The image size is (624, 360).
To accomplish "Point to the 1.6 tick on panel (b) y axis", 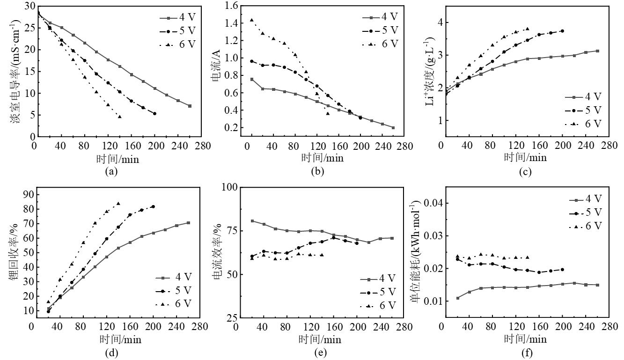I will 232,6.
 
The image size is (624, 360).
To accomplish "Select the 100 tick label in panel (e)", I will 229,187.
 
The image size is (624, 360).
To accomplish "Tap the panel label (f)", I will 524,353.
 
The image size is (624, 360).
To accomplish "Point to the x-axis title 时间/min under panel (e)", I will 321,339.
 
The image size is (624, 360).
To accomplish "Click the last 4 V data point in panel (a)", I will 190,106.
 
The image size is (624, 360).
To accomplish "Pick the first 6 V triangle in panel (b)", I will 251,20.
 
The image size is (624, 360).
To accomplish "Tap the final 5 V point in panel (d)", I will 153,206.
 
